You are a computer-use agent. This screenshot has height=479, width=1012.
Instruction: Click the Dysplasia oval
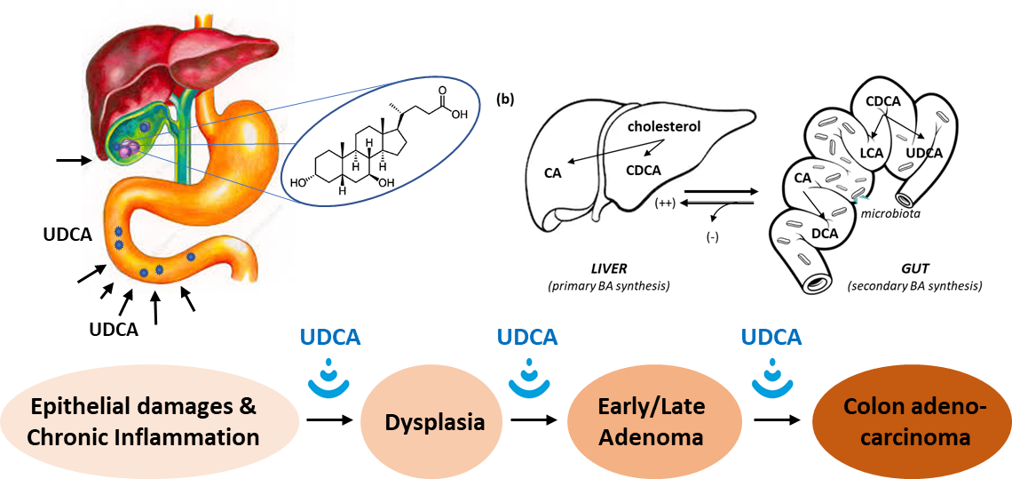(x=434, y=421)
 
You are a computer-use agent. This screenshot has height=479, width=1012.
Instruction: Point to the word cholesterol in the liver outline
(x=663, y=127)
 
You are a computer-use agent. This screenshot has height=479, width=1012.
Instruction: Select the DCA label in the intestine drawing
(x=825, y=234)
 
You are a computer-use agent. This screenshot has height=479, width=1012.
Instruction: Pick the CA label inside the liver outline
(x=553, y=172)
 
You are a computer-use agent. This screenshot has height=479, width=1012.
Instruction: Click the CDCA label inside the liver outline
(x=644, y=170)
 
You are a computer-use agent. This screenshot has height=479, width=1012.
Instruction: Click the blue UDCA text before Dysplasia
(x=329, y=338)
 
